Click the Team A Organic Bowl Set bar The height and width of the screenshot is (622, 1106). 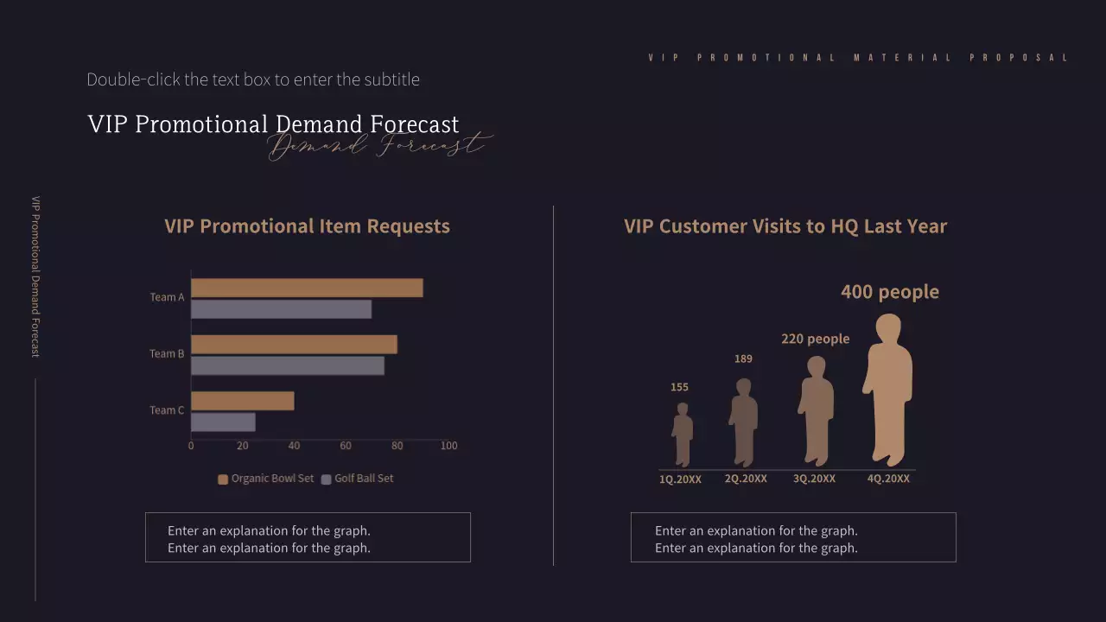tap(307, 288)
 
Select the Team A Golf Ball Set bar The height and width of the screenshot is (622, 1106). tap(281, 309)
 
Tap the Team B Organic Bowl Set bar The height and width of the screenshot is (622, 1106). tap(294, 345)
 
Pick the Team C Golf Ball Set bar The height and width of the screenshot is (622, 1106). tap(223, 422)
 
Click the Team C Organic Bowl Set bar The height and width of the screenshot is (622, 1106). tap(242, 401)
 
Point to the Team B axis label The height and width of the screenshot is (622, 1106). tap(167, 353)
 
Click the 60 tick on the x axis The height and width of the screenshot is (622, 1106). tap(346, 446)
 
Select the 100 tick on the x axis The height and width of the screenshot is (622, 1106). tap(448, 446)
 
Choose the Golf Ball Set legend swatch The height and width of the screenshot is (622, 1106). tap(327, 479)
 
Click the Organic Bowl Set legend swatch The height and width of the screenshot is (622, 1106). tap(223, 479)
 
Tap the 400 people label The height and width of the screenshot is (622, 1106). tap(890, 292)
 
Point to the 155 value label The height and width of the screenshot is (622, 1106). tap(679, 387)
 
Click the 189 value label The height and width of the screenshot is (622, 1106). tap(743, 359)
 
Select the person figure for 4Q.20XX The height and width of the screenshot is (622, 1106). tap(888, 389)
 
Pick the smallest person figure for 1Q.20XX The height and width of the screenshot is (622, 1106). tap(683, 434)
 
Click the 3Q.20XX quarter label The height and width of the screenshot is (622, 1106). tap(814, 479)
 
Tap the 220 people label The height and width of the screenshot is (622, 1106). tap(815, 339)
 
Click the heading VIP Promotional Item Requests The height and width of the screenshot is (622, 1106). tap(307, 226)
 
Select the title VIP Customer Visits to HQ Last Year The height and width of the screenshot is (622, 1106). tap(785, 226)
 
